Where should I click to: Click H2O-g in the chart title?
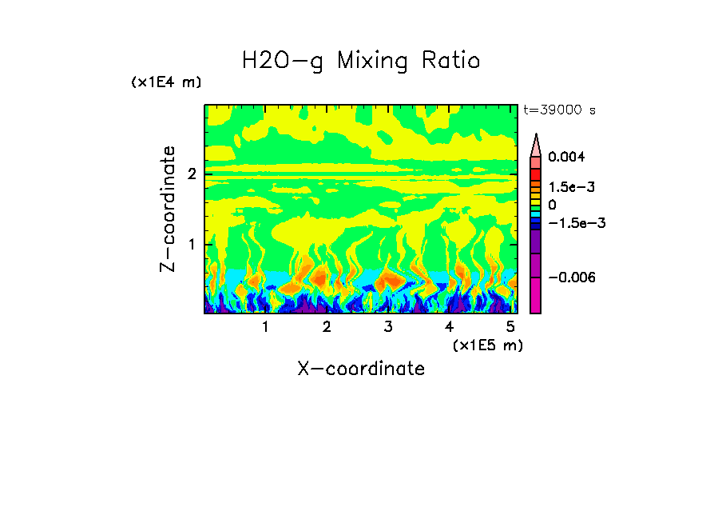pos(283,61)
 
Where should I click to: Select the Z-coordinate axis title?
pos(168,209)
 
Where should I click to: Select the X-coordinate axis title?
pos(361,369)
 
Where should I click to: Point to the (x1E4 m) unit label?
pos(166,82)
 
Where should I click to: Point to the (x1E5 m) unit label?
pos(487,345)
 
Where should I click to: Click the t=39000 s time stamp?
pos(559,110)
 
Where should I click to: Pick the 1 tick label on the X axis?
pos(265,327)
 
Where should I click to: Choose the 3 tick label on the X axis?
pos(388,327)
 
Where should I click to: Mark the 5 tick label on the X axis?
pos(511,327)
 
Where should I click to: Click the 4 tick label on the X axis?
pos(450,327)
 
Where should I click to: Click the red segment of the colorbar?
pos(536,174)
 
